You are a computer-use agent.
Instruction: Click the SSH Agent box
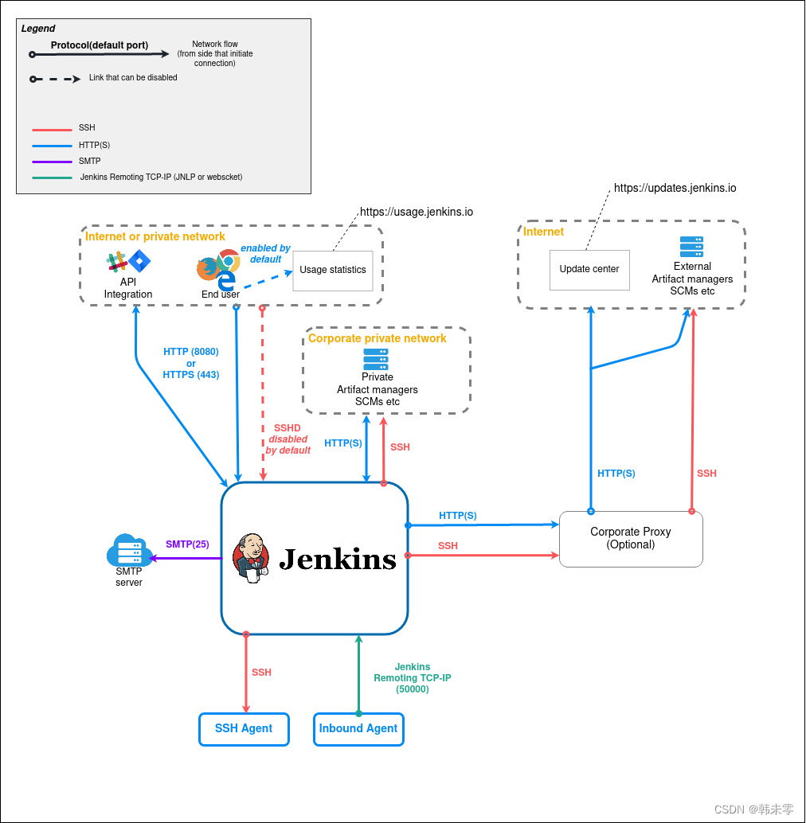[x=244, y=728]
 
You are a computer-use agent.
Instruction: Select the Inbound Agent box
[x=358, y=728]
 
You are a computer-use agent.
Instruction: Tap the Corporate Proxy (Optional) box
[x=631, y=538]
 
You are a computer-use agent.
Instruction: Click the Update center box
[x=589, y=269]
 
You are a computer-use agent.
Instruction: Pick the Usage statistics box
[x=333, y=270]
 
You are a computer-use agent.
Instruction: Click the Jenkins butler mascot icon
[x=252, y=558]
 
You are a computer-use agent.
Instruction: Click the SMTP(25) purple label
[x=187, y=544]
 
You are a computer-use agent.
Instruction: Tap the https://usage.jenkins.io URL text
[x=417, y=212]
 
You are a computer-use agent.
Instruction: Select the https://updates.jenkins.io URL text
[x=675, y=189]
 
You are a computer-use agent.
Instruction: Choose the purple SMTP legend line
[x=52, y=162]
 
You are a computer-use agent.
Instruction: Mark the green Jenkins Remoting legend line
[x=52, y=177]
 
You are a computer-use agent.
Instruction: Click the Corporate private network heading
[x=378, y=338]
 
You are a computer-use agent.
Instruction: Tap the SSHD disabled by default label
[x=288, y=439]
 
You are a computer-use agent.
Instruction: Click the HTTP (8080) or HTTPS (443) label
[x=191, y=363]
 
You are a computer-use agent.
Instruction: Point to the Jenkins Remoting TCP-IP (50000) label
[x=413, y=678]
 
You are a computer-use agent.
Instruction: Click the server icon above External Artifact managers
[x=691, y=247]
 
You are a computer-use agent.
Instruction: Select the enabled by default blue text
[x=265, y=254]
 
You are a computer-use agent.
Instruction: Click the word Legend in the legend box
[x=38, y=29]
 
